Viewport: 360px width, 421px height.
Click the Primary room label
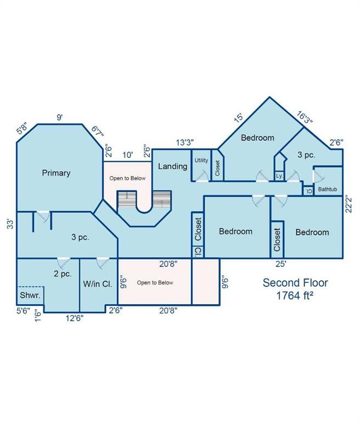click(x=56, y=173)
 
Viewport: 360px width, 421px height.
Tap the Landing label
click(x=173, y=166)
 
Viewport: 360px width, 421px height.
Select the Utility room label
click(x=201, y=160)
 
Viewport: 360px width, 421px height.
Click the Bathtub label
click(x=328, y=189)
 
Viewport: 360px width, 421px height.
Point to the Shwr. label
click(x=30, y=295)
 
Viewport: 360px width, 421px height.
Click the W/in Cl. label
click(x=98, y=284)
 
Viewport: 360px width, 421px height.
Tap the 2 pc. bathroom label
click(x=63, y=274)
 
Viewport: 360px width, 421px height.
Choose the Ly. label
click(x=279, y=176)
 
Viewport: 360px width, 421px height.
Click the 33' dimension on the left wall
click(x=10, y=224)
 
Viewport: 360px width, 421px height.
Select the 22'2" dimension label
click(x=348, y=204)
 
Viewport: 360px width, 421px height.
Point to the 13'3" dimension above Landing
click(x=185, y=143)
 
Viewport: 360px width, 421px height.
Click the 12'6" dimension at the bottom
click(x=75, y=318)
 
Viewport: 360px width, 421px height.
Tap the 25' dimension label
click(x=280, y=264)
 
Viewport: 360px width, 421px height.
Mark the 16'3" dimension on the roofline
click(x=305, y=118)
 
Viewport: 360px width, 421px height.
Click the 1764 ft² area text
click(x=295, y=295)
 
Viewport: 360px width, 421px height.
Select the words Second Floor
click(x=295, y=283)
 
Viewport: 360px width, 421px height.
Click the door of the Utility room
click(x=202, y=177)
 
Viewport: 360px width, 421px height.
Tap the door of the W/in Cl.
click(x=103, y=263)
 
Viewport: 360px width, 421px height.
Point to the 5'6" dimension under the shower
click(x=24, y=311)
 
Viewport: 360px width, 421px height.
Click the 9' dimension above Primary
click(x=60, y=117)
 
